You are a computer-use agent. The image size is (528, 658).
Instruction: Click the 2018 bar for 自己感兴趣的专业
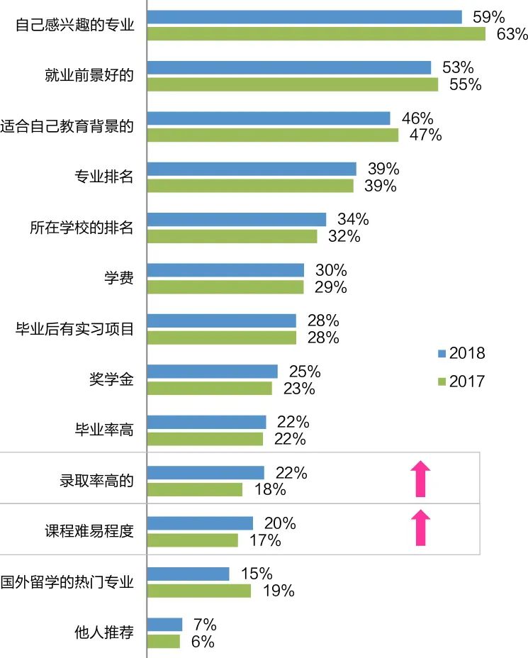(305, 17)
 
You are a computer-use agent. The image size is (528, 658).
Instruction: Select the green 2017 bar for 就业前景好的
(293, 84)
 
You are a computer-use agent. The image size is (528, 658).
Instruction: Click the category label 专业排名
(104, 177)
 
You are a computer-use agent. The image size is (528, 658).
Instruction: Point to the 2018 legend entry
(461, 353)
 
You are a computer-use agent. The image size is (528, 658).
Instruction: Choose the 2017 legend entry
(461, 381)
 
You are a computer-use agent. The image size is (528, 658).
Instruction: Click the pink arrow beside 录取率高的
(421, 479)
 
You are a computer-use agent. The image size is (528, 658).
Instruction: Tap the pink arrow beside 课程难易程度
(421, 528)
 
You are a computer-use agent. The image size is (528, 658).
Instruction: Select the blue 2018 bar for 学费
(225, 270)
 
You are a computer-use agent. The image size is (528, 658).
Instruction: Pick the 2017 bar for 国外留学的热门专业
(199, 591)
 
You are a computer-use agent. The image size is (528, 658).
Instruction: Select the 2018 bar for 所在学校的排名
(237, 219)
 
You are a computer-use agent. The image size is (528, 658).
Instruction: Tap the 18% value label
(269, 489)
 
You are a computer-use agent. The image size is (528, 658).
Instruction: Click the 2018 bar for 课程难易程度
(201, 523)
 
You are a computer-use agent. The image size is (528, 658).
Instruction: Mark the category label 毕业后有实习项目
(75, 328)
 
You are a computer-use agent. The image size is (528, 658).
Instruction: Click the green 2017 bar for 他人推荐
(164, 641)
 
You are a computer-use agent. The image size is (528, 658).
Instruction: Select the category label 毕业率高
(104, 429)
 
